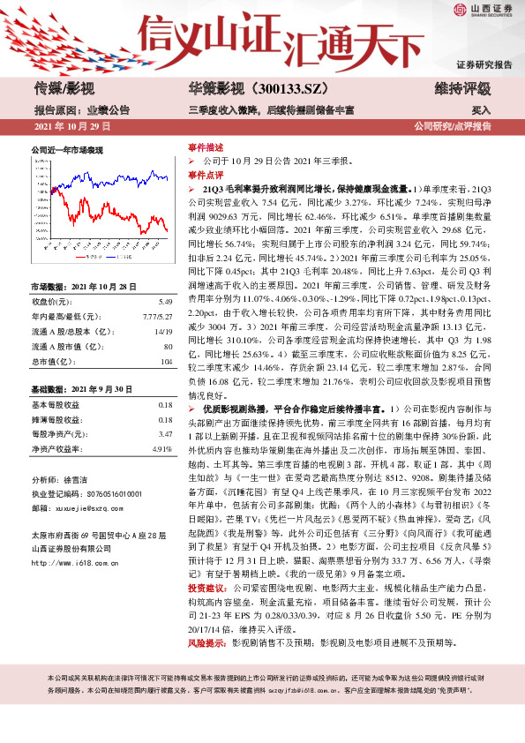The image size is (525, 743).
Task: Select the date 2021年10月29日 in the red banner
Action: pos(71,127)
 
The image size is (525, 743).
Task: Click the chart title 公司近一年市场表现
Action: pos(68,150)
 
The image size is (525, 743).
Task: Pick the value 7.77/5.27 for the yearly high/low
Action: pos(159,315)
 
